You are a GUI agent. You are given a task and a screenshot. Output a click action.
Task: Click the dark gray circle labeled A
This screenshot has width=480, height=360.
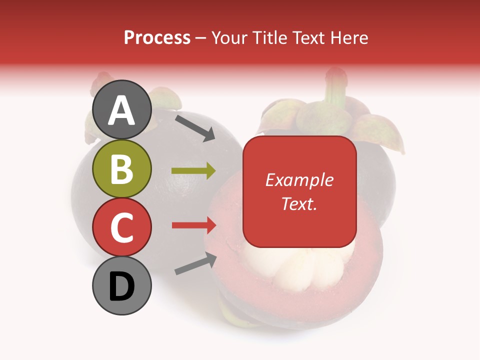point(121,110)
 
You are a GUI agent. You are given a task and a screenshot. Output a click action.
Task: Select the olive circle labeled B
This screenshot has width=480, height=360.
point(121,168)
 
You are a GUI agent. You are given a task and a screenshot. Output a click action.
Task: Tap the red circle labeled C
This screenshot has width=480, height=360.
point(121,227)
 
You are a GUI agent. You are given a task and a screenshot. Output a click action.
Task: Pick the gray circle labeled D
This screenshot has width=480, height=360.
point(121,285)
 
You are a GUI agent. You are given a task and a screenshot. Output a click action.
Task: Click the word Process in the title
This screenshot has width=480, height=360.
point(157,37)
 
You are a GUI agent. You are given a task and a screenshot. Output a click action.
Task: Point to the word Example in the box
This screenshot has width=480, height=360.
point(299,180)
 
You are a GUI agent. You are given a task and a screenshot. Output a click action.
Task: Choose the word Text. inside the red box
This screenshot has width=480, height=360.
point(299,203)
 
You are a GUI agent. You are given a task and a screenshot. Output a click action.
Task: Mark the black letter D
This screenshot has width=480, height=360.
point(121,287)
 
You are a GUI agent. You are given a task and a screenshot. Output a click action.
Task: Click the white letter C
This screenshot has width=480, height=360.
point(121,227)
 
